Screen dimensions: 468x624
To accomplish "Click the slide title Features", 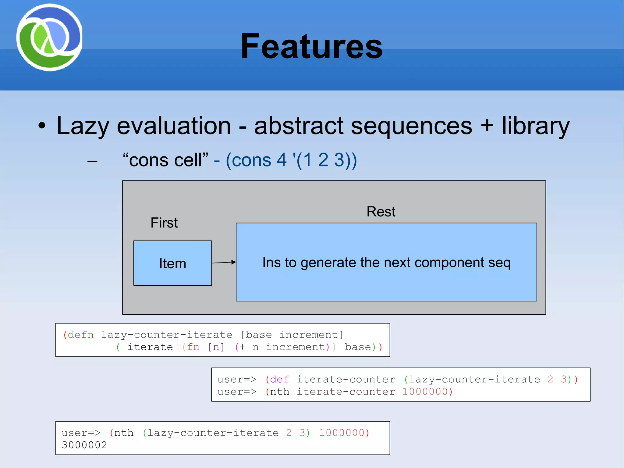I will [x=311, y=46].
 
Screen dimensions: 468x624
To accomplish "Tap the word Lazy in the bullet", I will [x=83, y=126].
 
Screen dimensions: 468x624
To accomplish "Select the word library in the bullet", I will [x=536, y=126].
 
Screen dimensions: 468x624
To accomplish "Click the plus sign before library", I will [x=487, y=125].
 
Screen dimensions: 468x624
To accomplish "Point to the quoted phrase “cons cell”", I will [x=165, y=160].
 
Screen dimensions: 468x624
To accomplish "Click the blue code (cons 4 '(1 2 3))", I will [x=291, y=160].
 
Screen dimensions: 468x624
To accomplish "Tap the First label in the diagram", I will [x=164, y=223].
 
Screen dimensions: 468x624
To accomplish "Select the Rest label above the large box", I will [x=381, y=212].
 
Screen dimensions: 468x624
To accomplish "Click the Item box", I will [x=172, y=263].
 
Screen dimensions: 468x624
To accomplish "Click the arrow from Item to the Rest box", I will [x=224, y=262].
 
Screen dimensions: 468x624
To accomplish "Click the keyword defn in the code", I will [x=81, y=335].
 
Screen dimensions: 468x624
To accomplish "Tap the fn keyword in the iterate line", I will [x=193, y=347].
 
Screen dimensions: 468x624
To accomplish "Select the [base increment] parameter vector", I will [x=292, y=335].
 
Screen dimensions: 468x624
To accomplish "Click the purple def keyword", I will [x=279, y=379].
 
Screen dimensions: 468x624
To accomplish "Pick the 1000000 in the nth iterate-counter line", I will [x=425, y=391].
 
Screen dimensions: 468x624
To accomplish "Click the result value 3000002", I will [x=84, y=445].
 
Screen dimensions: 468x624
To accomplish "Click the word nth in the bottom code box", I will [x=124, y=433].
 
